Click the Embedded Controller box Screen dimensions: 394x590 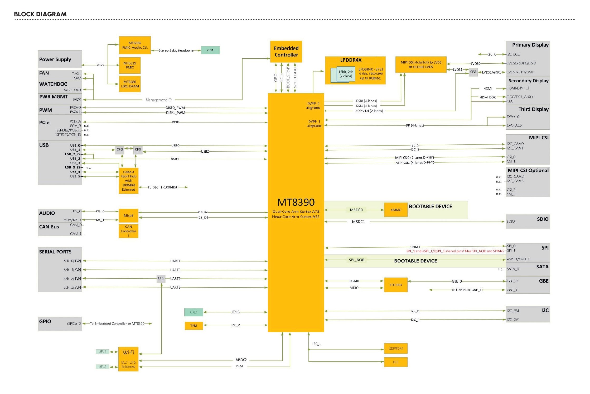coord(286,51)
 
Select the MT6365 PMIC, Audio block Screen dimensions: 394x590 coord(135,45)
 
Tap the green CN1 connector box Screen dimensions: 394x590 coord(210,50)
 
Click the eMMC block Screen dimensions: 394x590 coord(395,210)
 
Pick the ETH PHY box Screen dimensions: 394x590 coord(395,285)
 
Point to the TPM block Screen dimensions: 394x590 coord(194,326)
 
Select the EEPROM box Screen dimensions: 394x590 coord(395,348)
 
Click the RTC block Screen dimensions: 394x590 coord(395,362)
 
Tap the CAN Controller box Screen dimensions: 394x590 coord(128,231)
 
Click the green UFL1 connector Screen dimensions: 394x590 coord(102,351)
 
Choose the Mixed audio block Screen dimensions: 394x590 coord(128,215)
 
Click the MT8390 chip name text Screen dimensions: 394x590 coord(296,202)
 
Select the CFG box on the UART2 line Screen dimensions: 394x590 coord(161,278)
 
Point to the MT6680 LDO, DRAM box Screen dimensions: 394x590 coord(130,84)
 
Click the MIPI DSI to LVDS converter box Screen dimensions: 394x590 coord(421,64)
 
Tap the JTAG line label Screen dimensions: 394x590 coord(235,312)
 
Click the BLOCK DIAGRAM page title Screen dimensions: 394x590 coord(40,14)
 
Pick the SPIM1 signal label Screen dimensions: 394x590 coord(415,247)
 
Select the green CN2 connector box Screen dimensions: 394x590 coord(194,312)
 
